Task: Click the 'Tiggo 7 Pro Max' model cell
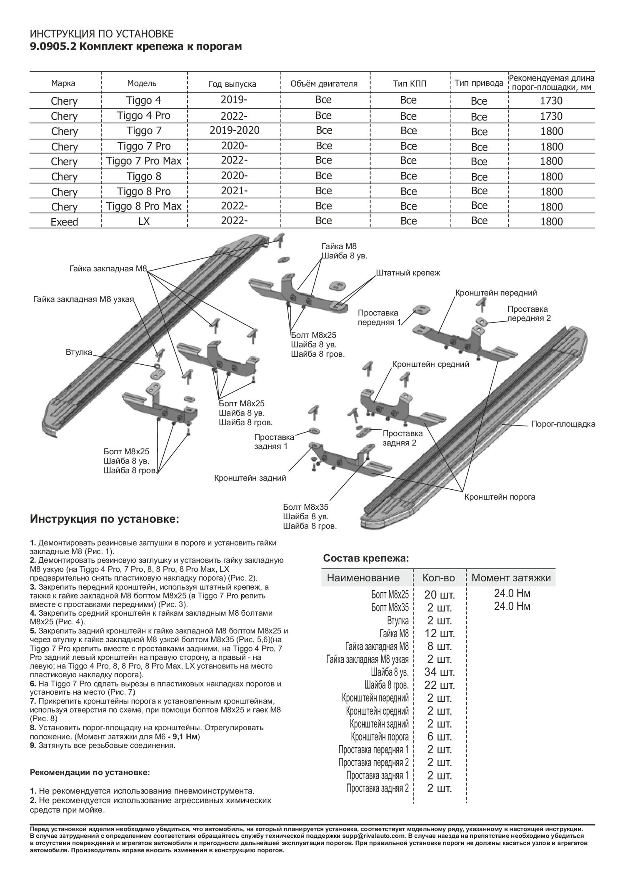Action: pyautogui.click(x=144, y=161)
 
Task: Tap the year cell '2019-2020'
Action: pyautogui.click(x=235, y=130)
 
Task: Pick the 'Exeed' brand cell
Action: pyautogui.click(x=64, y=222)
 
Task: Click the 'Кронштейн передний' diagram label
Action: pyautogui.click(x=496, y=293)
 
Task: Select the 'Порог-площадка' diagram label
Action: pyautogui.click(x=563, y=424)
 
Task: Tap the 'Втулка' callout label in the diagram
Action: pyautogui.click(x=79, y=352)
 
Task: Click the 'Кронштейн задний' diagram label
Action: pyautogui.click(x=250, y=478)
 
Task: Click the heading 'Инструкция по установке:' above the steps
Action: pyautogui.click(x=105, y=519)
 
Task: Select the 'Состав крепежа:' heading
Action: pyautogui.click(x=366, y=558)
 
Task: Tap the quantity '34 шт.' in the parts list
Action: pyautogui.click(x=439, y=672)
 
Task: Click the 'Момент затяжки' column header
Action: pyautogui.click(x=511, y=578)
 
